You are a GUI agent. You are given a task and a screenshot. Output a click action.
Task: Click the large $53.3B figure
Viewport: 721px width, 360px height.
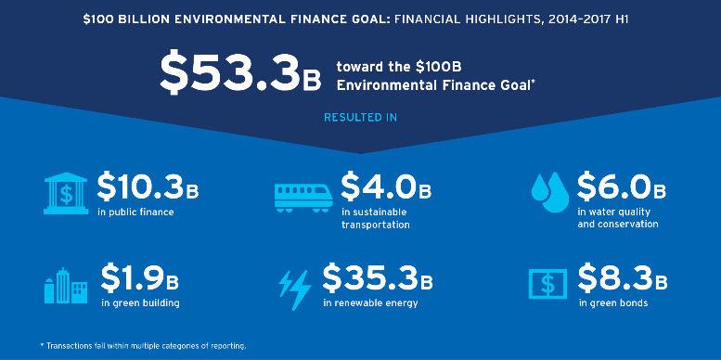(240, 74)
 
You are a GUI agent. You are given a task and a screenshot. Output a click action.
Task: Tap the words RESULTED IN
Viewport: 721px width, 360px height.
(360, 117)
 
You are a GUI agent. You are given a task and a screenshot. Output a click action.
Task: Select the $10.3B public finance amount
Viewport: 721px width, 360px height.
(148, 186)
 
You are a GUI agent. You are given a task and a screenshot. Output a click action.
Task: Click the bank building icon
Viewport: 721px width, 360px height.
(66, 193)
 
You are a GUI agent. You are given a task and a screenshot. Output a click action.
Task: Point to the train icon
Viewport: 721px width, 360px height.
(303, 198)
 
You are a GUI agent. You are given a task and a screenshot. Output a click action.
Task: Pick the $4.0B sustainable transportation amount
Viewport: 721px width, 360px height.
(386, 186)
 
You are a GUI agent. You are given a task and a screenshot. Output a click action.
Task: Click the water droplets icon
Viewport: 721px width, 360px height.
(550, 192)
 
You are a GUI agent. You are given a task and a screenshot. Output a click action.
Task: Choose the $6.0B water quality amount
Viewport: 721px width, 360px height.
(621, 186)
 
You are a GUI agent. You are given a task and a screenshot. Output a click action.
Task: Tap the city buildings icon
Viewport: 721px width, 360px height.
(66, 287)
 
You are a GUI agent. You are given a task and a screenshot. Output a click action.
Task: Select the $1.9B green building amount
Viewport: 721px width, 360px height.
(139, 278)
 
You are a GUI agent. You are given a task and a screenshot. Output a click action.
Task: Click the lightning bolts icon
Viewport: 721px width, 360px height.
(295, 290)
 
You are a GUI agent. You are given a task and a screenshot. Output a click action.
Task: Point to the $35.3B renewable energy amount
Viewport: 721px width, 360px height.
(378, 278)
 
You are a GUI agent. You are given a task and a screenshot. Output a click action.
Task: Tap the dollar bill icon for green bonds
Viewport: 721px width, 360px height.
(547, 284)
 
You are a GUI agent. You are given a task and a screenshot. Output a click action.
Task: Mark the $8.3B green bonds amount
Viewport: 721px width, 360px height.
(622, 278)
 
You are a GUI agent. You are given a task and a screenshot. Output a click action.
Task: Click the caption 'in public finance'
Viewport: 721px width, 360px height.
(135, 212)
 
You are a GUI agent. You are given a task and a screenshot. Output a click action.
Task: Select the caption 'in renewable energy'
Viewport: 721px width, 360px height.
(370, 303)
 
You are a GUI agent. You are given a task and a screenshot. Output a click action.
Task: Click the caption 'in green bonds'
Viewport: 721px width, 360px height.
(613, 303)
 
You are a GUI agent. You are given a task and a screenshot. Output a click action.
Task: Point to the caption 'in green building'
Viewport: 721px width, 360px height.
(140, 303)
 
